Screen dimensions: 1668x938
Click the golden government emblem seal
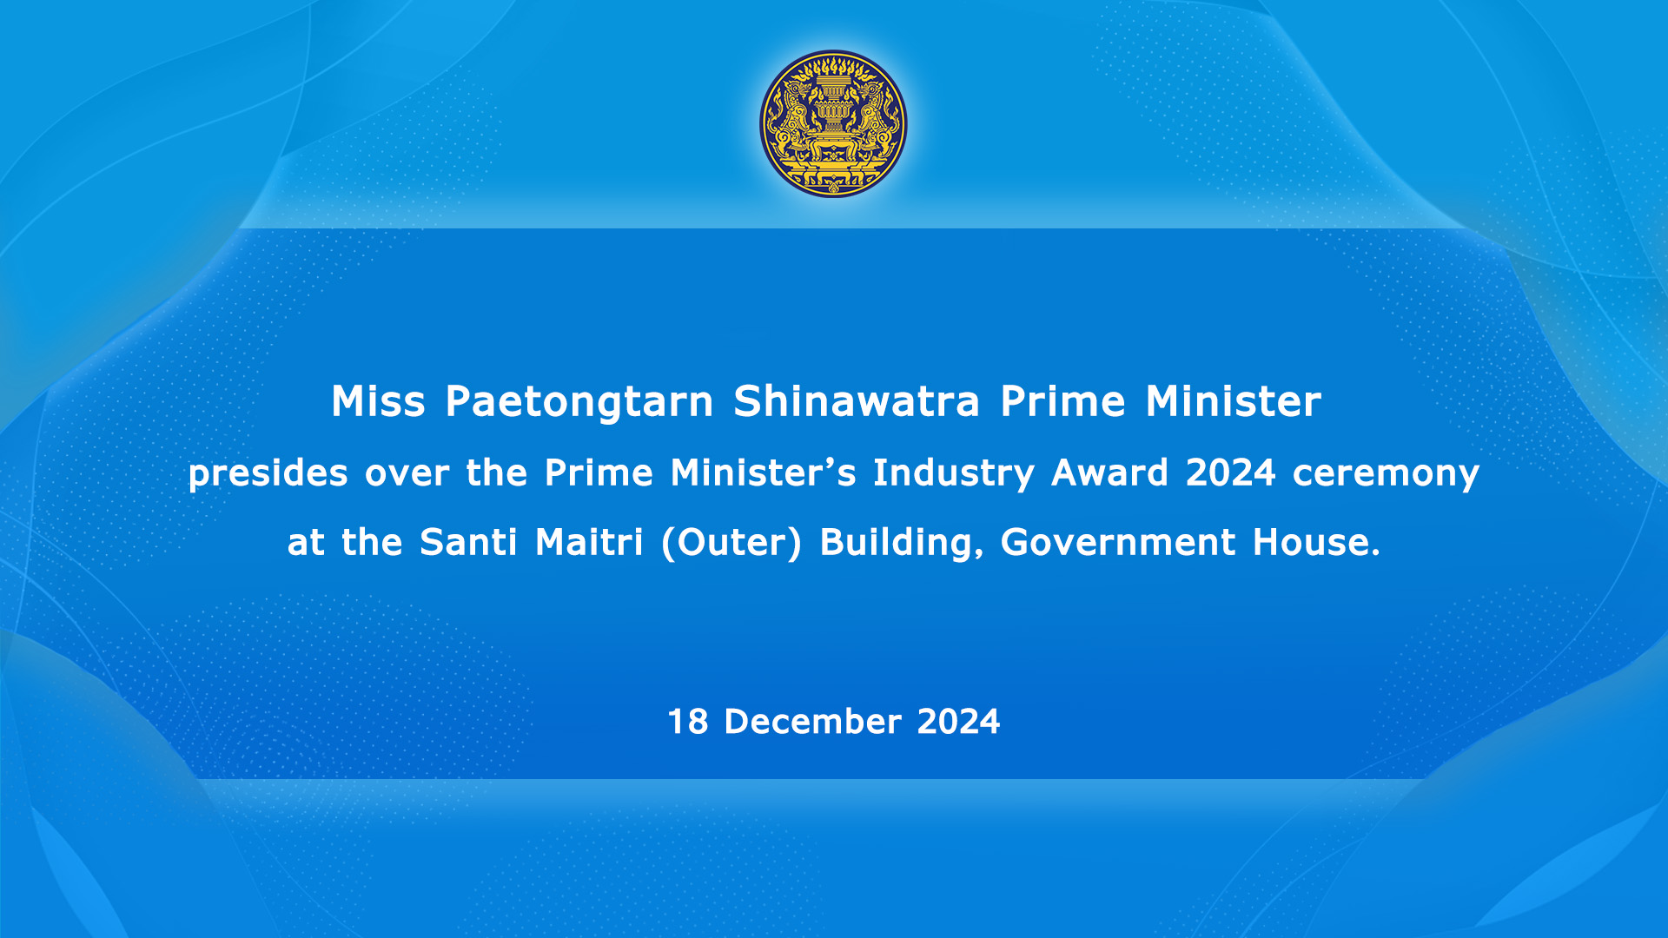coord(833,123)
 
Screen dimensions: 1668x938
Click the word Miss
coord(378,402)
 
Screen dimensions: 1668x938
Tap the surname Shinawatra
coord(857,402)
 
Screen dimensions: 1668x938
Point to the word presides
coord(268,474)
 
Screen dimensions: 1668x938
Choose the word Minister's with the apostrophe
coord(763,472)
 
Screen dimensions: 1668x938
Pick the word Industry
coord(954,474)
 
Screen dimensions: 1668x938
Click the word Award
coord(1109,472)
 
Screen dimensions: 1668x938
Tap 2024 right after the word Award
coord(1230,472)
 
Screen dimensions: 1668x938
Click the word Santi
coord(468,542)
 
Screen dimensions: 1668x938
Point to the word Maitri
coord(589,542)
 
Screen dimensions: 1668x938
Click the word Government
coord(1118,542)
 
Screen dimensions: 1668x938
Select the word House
coord(1316,542)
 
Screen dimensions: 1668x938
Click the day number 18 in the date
coord(687,722)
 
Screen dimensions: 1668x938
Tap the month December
coord(812,722)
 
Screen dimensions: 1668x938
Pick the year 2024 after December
coord(958,722)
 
